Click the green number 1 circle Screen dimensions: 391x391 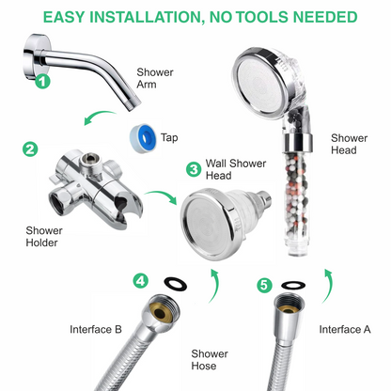pyautogui.click(x=42, y=82)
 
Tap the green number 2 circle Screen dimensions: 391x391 pyautogui.click(x=31, y=149)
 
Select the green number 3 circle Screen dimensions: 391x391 pyautogui.click(x=194, y=169)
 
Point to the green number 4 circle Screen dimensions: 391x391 pyautogui.click(x=141, y=280)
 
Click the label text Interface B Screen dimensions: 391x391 pyautogui.click(x=96, y=329)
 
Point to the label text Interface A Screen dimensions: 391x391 pyautogui.click(x=345, y=329)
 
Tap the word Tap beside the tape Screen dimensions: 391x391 pyautogui.click(x=170, y=137)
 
